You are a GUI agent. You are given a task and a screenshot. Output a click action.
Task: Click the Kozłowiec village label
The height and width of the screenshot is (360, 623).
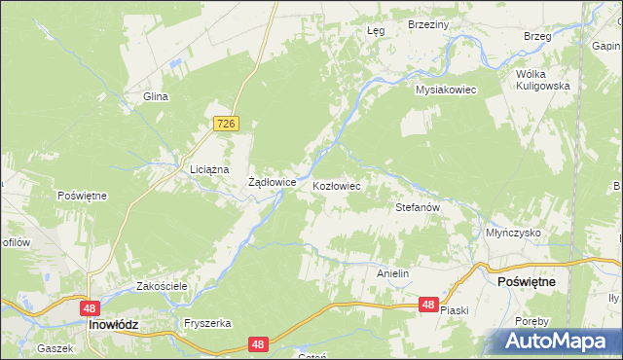(337, 185)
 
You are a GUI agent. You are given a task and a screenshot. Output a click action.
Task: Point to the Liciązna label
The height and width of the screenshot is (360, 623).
(208, 169)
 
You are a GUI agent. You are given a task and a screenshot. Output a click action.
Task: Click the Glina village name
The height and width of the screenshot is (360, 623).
(157, 96)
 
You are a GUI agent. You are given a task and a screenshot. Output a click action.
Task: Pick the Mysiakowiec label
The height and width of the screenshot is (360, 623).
(444, 90)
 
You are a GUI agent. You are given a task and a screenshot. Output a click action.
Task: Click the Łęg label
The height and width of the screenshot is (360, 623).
(376, 30)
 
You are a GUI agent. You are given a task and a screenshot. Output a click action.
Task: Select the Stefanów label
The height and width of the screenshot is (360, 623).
(419, 207)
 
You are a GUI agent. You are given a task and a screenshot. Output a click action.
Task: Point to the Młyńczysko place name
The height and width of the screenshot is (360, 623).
(513, 234)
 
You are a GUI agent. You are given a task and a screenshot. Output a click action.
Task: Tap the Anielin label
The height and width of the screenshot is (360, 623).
(392, 274)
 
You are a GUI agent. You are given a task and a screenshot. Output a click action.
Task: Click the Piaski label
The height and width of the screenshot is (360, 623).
(455, 310)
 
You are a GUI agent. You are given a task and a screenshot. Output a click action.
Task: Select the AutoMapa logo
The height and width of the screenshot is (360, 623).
(557, 341)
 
